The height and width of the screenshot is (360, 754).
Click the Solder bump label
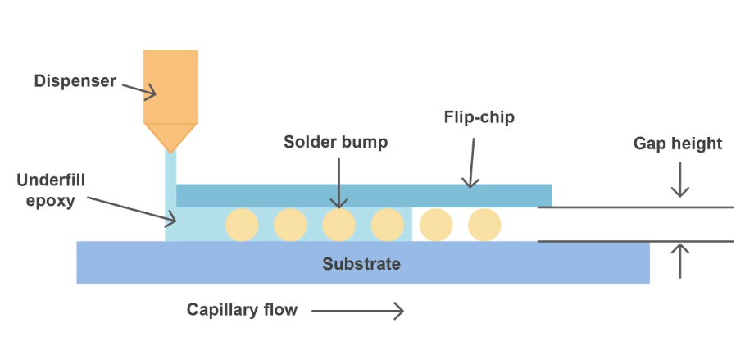335,142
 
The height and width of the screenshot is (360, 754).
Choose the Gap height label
678,144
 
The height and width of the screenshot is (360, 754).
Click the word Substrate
361,264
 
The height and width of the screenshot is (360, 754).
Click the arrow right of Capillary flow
357,310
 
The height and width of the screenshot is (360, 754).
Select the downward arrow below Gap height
679,182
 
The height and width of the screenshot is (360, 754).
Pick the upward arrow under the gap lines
679,261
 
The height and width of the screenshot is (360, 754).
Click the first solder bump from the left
242,224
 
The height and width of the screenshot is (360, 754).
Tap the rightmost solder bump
484,224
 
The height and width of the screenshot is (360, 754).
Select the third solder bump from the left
338,224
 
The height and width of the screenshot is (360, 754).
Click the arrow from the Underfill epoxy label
131,209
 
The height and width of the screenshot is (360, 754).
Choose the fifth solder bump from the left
436,224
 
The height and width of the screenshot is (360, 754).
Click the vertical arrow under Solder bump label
338,184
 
